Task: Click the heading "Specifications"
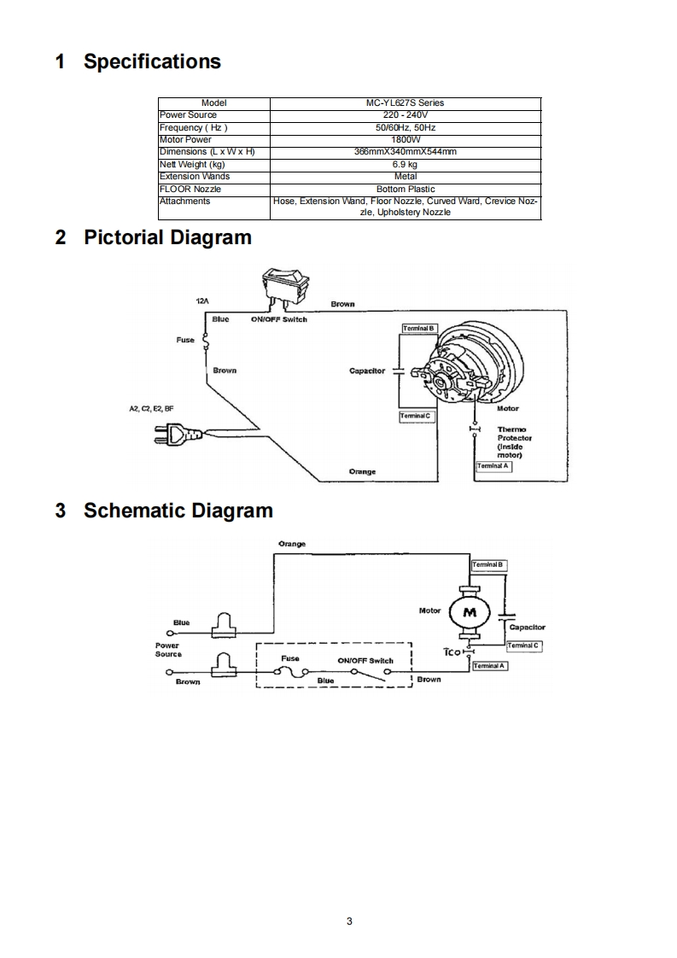click(x=152, y=61)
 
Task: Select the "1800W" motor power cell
click(x=405, y=139)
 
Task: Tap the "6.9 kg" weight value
click(x=405, y=164)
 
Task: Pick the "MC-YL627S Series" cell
click(x=405, y=102)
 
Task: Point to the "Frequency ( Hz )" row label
click(x=193, y=127)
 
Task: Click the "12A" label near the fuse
click(x=203, y=302)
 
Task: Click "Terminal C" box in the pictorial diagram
click(x=417, y=416)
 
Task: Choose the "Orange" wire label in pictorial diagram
click(x=362, y=471)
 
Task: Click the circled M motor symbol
click(x=469, y=611)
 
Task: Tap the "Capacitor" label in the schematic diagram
click(x=527, y=628)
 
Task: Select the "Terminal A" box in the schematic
click(x=490, y=666)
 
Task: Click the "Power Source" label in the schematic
click(x=168, y=650)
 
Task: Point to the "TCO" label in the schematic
click(x=452, y=651)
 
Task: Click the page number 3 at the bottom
click(x=349, y=920)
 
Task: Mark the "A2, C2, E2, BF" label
click(x=151, y=408)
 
